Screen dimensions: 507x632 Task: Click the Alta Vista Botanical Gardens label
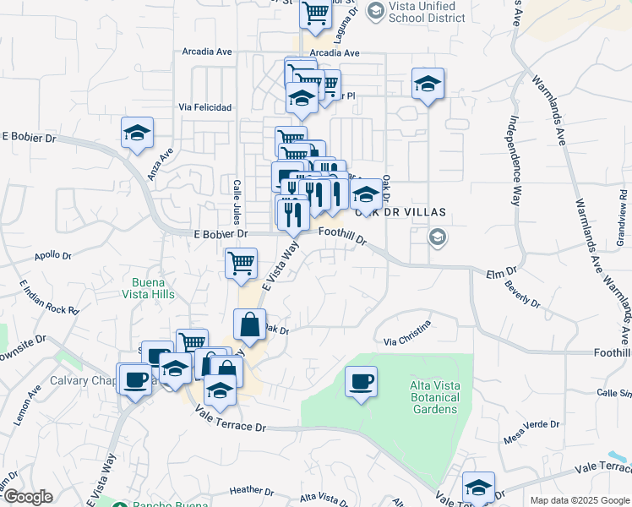point(434,397)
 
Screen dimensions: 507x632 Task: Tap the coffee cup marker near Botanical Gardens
point(361,382)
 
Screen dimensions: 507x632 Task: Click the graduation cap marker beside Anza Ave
point(137,134)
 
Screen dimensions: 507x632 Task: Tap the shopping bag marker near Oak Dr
point(250,324)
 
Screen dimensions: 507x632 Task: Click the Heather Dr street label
point(247,489)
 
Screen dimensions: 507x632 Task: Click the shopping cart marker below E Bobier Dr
point(241,263)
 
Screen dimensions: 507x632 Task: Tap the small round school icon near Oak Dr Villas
point(437,236)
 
